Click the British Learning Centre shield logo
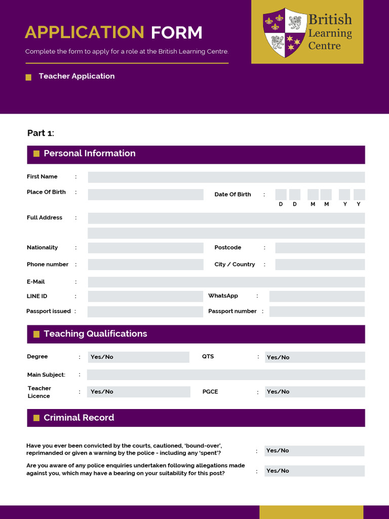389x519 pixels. click(x=284, y=32)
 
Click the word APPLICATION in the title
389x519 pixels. click(x=85, y=32)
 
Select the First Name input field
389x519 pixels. click(x=226, y=177)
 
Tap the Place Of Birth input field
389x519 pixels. click(x=145, y=195)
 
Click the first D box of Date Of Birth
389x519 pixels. click(x=281, y=195)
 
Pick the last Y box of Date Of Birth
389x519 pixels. click(x=359, y=195)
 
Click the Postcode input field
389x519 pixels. click(x=320, y=248)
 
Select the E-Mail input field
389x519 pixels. click(x=226, y=282)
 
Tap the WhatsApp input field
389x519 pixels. click(x=317, y=296)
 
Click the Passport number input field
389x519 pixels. click(x=317, y=312)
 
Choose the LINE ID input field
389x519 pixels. click(x=145, y=296)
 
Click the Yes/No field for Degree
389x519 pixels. click(x=138, y=357)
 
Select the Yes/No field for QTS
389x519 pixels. click(x=315, y=357)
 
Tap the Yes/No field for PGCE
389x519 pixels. click(x=315, y=392)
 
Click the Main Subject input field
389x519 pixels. click(x=226, y=375)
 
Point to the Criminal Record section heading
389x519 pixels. click(x=79, y=418)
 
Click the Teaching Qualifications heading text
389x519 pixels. click(x=95, y=333)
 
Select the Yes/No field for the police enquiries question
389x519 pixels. click(x=314, y=471)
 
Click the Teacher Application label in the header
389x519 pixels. click(x=76, y=76)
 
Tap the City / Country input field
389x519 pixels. click(x=320, y=265)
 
